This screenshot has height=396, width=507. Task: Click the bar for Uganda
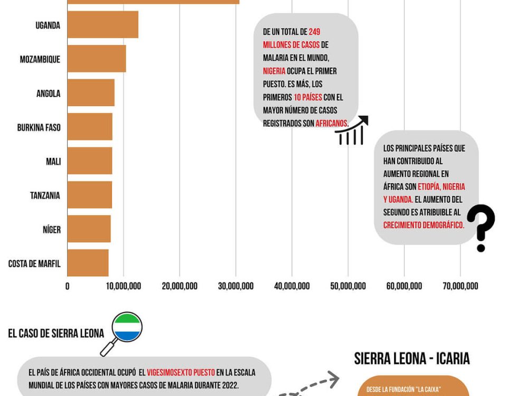(102, 25)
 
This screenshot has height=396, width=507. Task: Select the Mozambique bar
(96, 59)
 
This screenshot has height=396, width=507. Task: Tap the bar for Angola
(90, 93)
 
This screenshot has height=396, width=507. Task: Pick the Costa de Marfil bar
(88, 263)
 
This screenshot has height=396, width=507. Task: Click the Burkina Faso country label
(39, 128)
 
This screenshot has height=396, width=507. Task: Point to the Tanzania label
(45, 196)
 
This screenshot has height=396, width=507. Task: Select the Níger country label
(52, 230)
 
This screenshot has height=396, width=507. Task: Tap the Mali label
(53, 162)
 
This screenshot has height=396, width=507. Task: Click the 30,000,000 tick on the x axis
(236, 286)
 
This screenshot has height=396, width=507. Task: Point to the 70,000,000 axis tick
(460, 286)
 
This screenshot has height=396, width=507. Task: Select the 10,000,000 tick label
(124, 286)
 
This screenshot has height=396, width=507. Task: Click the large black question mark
(481, 228)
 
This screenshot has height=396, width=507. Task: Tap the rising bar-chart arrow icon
(352, 130)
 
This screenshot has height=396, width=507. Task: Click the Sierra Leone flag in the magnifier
(127, 328)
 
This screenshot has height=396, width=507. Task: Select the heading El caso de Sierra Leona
(56, 334)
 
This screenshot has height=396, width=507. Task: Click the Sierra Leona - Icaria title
(412, 359)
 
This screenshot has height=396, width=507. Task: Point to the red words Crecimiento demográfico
(424, 225)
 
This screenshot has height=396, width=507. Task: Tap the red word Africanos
(332, 124)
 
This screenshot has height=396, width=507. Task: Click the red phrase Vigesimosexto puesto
(181, 373)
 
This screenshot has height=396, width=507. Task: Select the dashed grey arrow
(309, 384)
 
